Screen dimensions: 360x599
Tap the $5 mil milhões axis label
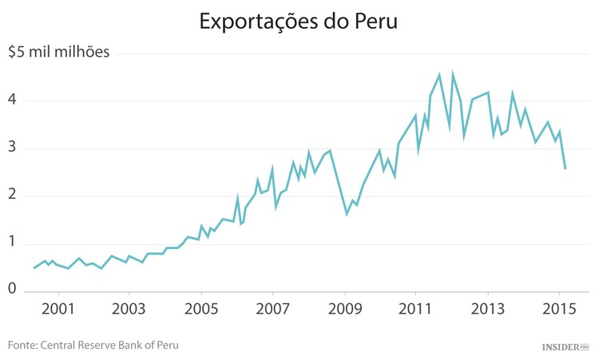tap(58, 53)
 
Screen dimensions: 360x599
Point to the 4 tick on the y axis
tap(13, 101)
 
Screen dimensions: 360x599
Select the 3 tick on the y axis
tap(13, 148)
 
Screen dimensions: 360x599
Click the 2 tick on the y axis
tap(13, 196)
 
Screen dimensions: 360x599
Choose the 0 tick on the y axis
tap(13, 289)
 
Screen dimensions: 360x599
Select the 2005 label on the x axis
tap(201, 309)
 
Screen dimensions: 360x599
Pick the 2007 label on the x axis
tap(273, 309)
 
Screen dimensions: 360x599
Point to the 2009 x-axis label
tap(344, 309)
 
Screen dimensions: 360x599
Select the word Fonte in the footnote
tap(23, 346)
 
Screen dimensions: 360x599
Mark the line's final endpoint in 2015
tap(565, 168)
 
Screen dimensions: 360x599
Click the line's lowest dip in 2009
tap(347, 214)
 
